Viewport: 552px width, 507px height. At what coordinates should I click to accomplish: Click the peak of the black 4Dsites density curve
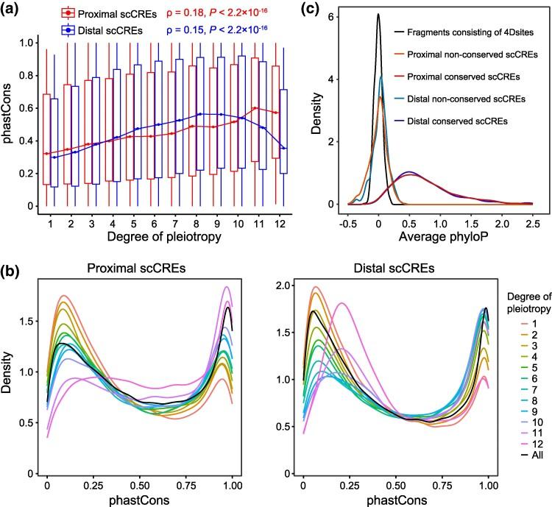coord(378,14)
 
